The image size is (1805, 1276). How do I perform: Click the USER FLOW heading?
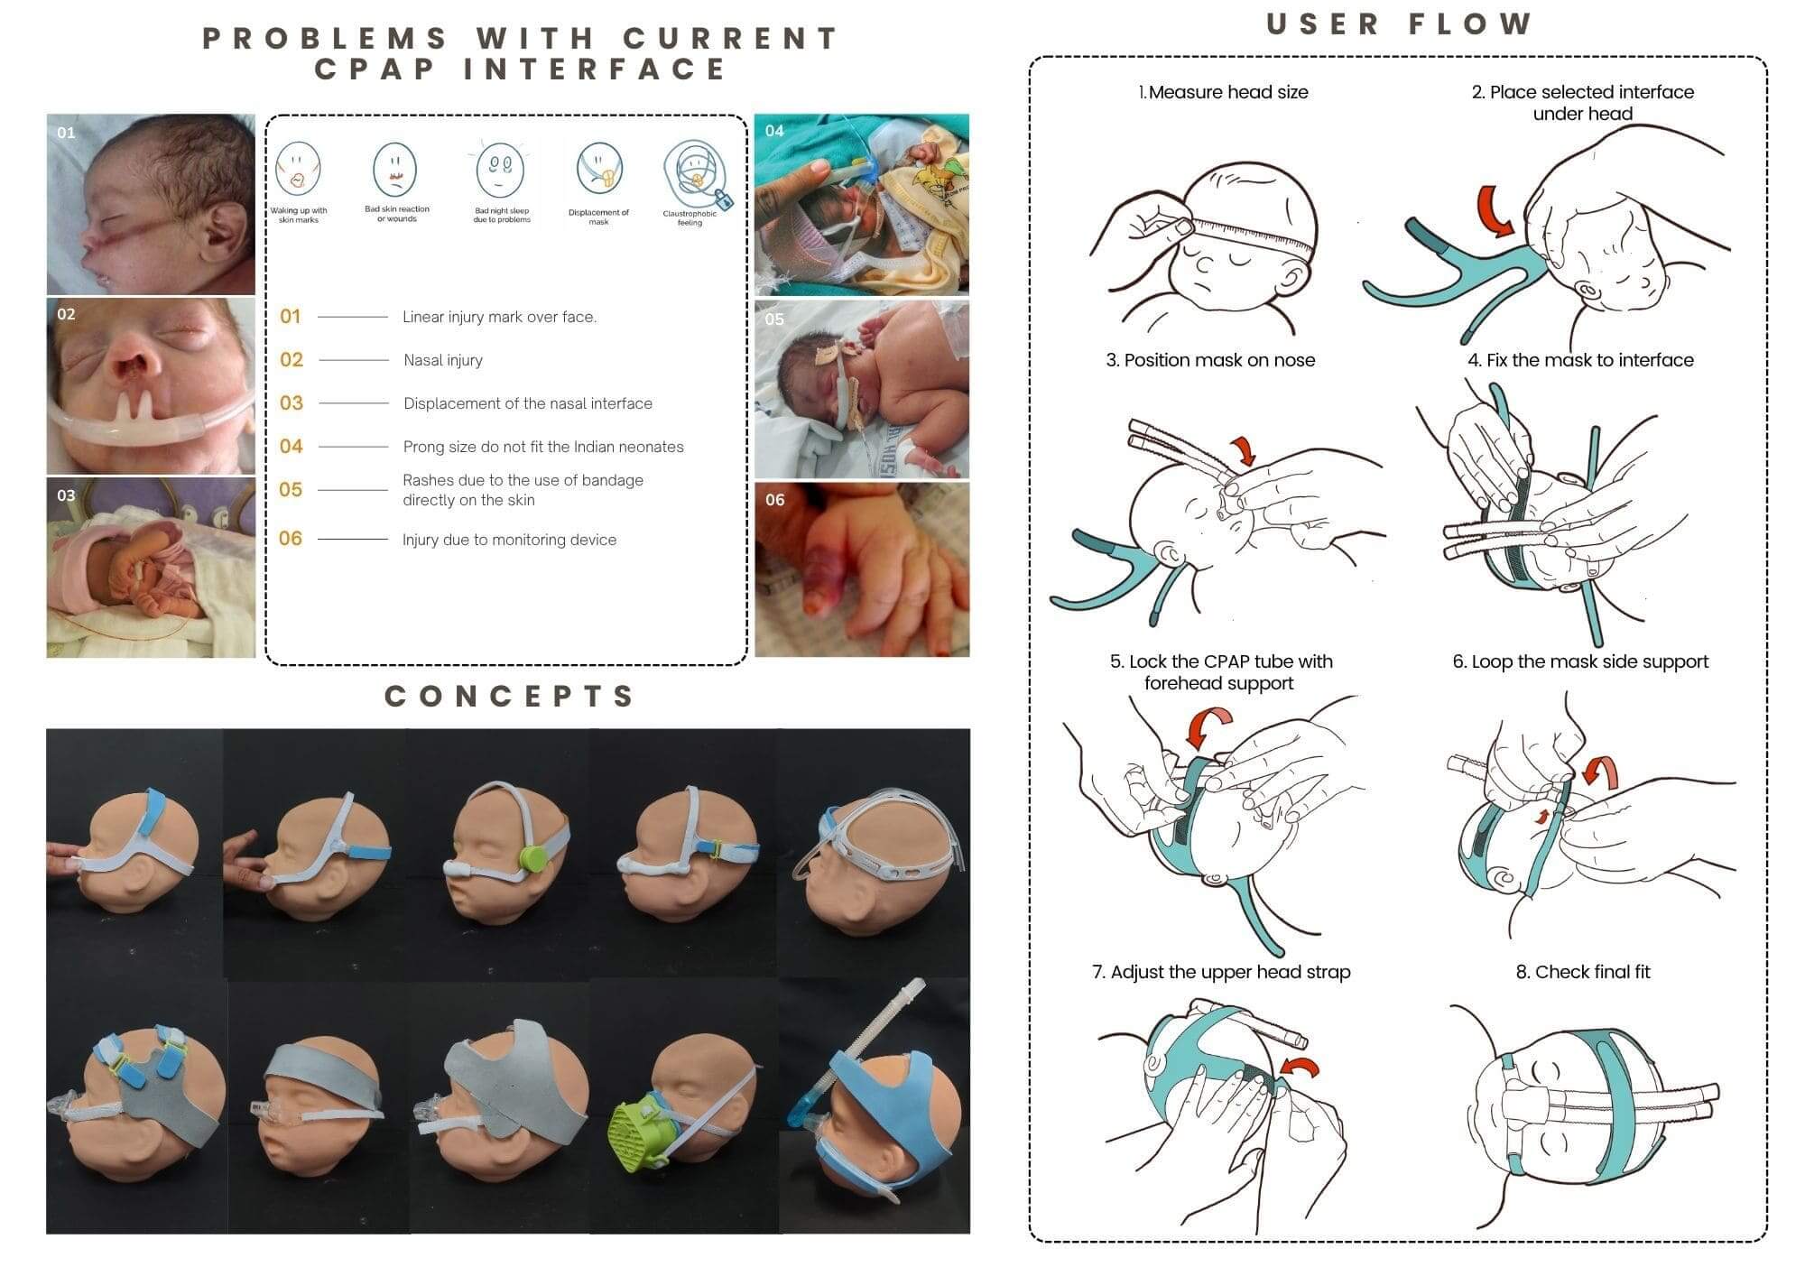point(1399,24)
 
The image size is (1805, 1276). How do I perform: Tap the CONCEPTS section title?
point(510,697)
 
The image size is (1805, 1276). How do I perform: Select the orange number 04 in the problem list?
point(291,447)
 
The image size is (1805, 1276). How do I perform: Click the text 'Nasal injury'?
point(443,361)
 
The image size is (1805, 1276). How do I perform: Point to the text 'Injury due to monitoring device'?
point(509,541)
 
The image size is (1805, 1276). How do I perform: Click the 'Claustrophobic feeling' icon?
point(692,174)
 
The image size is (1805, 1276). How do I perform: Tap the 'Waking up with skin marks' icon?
point(297,170)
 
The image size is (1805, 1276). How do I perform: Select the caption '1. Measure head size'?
point(1223,92)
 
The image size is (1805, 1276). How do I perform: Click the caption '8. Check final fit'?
point(1583,972)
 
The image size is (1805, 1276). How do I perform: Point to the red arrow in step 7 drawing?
point(1301,1068)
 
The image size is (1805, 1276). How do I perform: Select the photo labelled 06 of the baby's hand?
point(862,570)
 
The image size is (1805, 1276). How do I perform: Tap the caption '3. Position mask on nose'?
point(1210,360)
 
